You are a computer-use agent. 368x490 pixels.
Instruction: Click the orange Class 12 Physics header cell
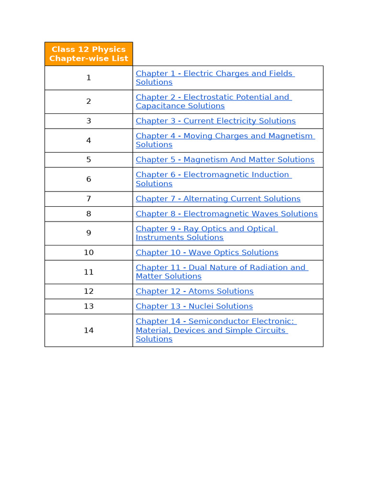point(89,54)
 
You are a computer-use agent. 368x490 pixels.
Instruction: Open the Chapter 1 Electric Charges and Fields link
point(215,74)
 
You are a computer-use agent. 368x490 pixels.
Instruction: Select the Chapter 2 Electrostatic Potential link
point(213,97)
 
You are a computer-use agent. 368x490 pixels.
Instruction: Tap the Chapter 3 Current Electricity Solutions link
point(216,121)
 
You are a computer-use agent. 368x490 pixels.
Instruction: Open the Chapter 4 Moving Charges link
point(224,136)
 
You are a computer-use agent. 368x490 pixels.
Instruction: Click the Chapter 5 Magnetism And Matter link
point(225,160)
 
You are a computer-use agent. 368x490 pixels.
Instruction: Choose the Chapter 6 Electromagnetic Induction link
point(213,175)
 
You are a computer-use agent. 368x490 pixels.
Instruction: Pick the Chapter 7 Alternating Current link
point(218,199)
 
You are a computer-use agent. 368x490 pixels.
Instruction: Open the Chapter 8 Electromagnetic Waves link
point(227,214)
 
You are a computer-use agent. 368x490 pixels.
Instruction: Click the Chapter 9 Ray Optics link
point(206,229)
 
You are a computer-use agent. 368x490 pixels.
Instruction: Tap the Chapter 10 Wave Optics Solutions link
point(207,253)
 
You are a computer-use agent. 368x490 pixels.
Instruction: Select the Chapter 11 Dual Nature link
point(221,267)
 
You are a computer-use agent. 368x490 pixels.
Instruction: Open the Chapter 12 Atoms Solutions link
point(195,291)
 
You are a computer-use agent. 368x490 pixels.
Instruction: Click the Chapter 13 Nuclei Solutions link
point(194,306)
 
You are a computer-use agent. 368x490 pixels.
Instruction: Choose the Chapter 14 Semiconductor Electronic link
point(216,322)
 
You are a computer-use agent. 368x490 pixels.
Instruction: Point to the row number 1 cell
point(89,78)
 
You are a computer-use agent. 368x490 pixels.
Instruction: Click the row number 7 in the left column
point(89,199)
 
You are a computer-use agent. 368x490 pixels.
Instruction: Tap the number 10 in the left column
point(89,253)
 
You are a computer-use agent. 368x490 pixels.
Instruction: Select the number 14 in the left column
point(89,330)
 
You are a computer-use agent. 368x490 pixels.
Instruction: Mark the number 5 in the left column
point(89,160)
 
